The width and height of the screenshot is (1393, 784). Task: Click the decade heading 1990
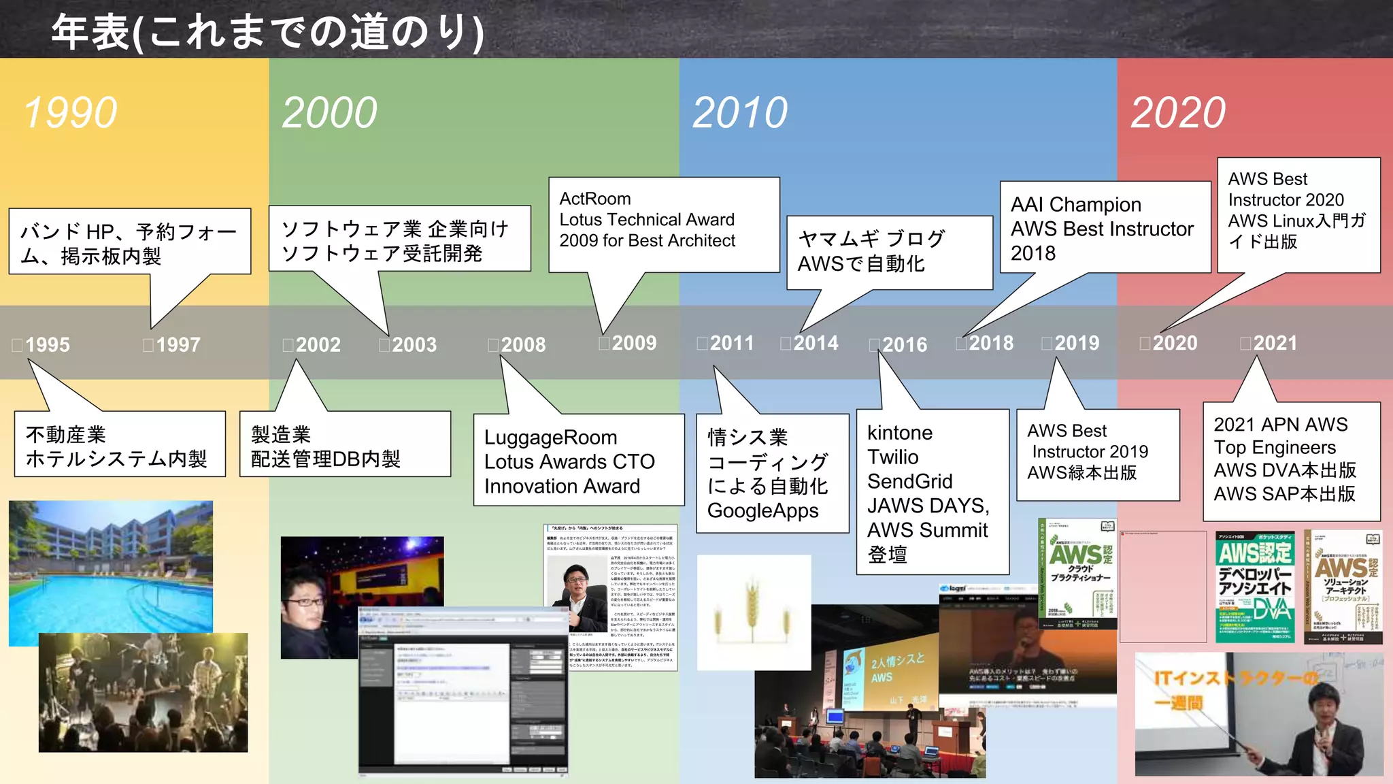coord(71,112)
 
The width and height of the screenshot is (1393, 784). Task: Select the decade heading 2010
coord(740,112)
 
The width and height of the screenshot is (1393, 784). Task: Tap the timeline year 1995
coord(47,344)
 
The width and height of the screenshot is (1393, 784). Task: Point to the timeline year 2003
coord(414,344)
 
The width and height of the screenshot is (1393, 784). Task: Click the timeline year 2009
coord(633,343)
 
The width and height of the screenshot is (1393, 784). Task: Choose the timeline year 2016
coord(904,345)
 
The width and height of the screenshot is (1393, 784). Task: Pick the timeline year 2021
coord(1275,343)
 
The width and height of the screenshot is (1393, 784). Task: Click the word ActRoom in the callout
coord(595,199)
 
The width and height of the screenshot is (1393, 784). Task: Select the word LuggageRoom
coord(550,438)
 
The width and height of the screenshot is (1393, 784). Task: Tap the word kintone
coord(900,433)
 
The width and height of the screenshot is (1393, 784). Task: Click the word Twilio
coord(892,457)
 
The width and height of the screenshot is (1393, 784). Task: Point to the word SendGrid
coord(909,482)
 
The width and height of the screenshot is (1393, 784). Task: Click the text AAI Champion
coord(1075,204)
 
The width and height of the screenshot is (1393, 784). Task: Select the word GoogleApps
coord(762,511)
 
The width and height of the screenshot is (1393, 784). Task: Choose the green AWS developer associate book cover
coord(1255,587)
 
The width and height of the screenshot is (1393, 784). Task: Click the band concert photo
coord(143,692)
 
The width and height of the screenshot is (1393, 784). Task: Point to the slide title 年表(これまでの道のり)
coord(267,31)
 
